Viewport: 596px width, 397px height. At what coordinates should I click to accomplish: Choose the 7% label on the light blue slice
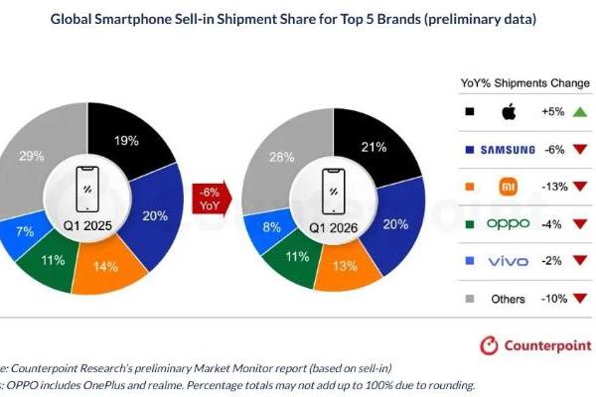(x=23, y=231)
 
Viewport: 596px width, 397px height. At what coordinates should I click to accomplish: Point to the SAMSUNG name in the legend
(x=509, y=150)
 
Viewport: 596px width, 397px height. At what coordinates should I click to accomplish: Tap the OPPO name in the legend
(x=509, y=223)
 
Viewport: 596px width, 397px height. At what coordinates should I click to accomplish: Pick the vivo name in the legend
(x=509, y=260)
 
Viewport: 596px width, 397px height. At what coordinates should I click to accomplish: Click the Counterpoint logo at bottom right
(x=533, y=345)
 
